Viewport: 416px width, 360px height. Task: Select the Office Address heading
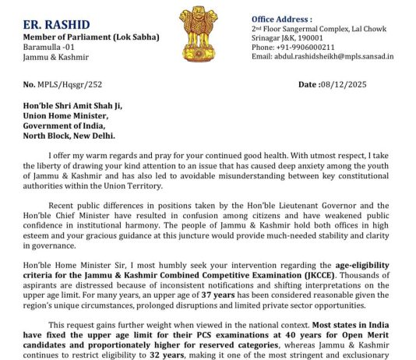pos(281,18)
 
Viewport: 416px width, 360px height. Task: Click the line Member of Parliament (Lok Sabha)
pos(91,37)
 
